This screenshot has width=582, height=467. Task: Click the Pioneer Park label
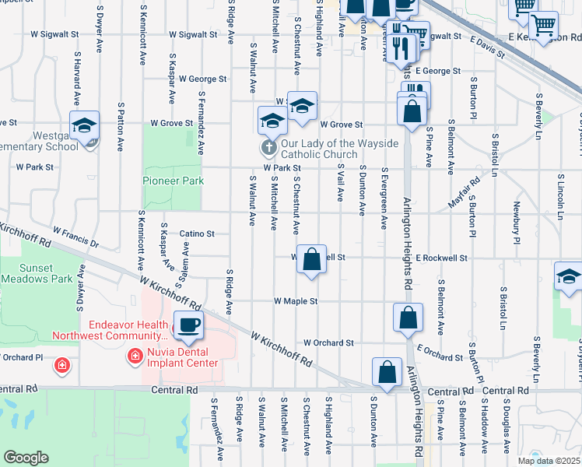click(x=173, y=181)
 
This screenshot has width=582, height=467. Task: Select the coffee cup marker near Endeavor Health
click(x=188, y=325)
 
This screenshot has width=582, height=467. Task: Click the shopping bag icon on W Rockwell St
click(x=311, y=260)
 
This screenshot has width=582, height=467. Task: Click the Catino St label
click(x=197, y=233)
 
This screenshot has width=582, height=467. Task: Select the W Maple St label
click(x=296, y=301)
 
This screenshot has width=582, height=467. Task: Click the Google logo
click(x=26, y=458)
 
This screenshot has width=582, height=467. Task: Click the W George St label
click(x=202, y=79)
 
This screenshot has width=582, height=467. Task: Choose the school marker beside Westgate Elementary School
click(x=84, y=125)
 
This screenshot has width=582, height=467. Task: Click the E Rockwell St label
click(x=441, y=258)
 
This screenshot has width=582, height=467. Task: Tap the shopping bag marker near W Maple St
click(x=408, y=318)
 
